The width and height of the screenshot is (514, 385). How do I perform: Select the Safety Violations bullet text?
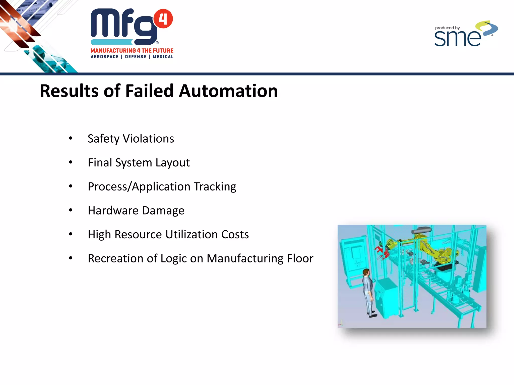[131, 139]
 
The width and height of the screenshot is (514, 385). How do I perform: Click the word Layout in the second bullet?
[172, 163]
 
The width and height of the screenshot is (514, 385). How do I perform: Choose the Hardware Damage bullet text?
[136, 211]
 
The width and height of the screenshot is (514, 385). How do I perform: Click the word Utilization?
[191, 235]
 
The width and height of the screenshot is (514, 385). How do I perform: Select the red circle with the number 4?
[163, 19]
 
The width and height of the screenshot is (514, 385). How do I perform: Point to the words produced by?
[447, 28]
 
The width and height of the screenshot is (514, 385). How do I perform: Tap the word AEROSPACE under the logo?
[104, 57]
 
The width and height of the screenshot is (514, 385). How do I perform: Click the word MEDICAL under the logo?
[163, 57]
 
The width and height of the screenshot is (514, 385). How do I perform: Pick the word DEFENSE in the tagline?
[136, 57]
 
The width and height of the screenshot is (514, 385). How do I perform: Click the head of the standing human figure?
[366, 272]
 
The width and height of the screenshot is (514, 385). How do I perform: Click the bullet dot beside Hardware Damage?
[71, 210]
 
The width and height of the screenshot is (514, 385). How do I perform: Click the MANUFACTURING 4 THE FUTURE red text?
[132, 51]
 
